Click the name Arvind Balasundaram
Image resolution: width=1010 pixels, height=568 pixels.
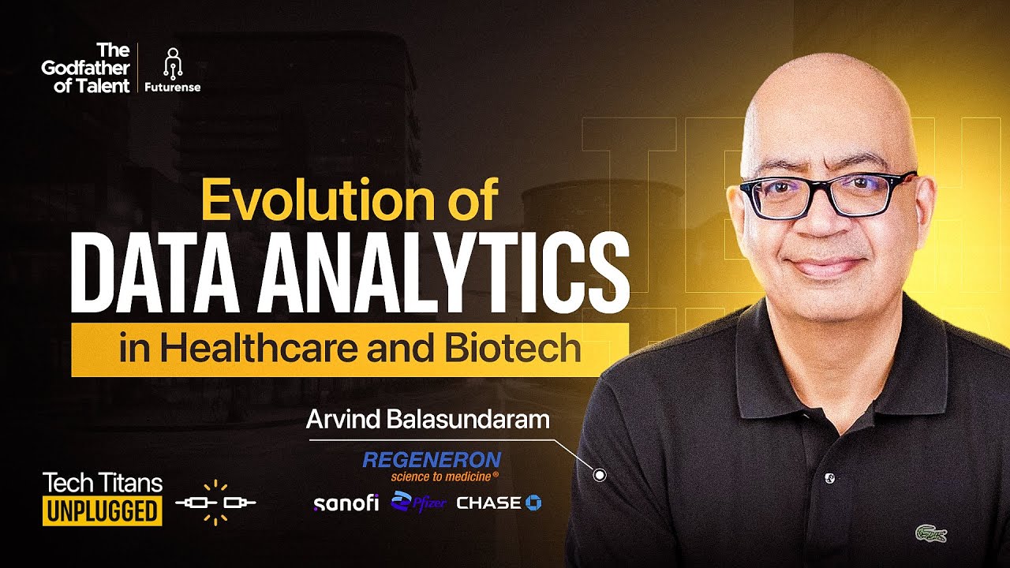[428, 420]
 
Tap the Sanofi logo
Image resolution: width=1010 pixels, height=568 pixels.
[346, 503]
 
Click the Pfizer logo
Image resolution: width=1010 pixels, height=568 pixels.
[418, 502]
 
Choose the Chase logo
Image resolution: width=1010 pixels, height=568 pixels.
[499, 502]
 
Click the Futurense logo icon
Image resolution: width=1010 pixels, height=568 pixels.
[172, 63]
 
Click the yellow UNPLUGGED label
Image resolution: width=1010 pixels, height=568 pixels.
[102, 510]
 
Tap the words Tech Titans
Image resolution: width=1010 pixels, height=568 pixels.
[102, 483]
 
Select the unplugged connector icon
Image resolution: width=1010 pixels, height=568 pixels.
[215, 502]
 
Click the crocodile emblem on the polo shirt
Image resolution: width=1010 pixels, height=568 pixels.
[931, 535]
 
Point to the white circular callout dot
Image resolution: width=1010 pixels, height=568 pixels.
[599, 475]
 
